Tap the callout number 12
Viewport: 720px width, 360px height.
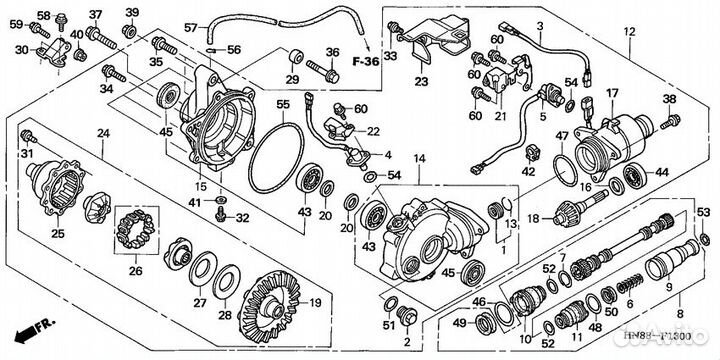628,33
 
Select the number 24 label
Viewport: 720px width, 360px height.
103,134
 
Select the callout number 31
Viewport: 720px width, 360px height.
28,152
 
